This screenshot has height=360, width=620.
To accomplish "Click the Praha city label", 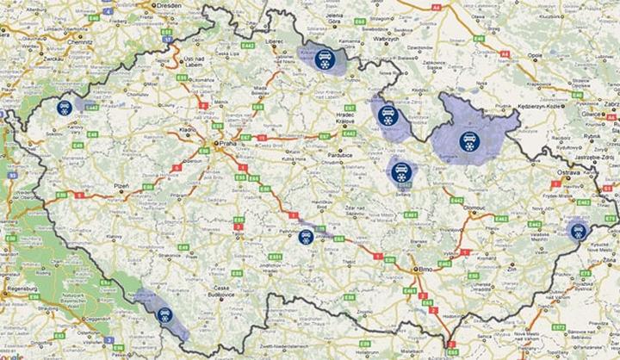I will tap(226, 144).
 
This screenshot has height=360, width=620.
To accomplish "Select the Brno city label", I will tap(424, 269).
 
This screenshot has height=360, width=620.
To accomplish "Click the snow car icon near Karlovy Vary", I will tap(63, 109).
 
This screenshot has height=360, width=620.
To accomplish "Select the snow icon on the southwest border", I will tap(164, 315).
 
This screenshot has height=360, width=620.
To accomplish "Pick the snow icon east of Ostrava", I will tap(576, 230).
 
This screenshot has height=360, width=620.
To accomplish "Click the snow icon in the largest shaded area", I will tap(469, 141).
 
